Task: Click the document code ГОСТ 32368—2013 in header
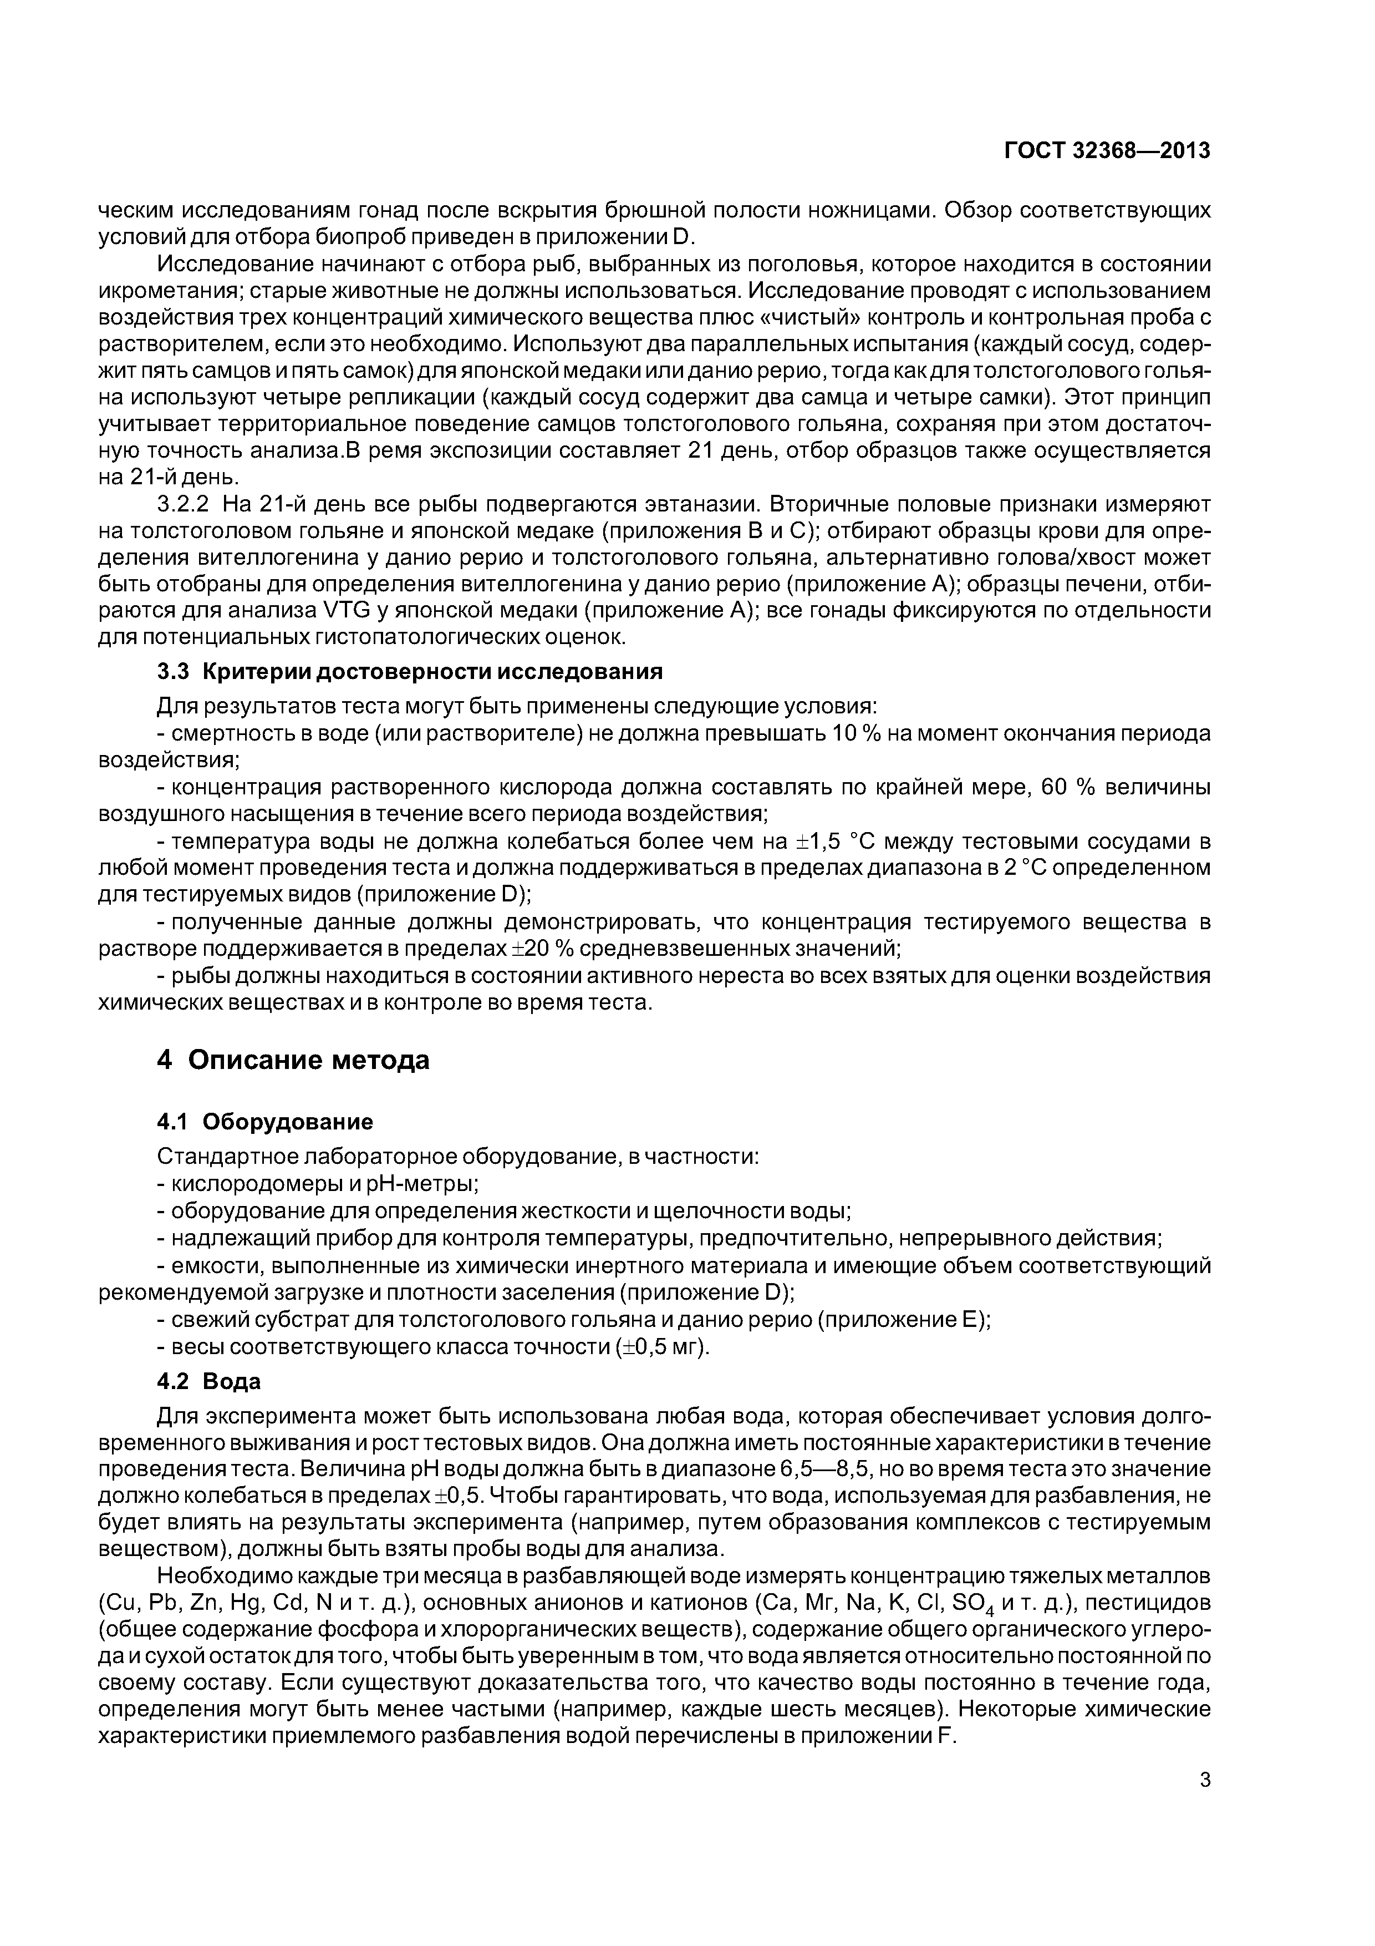(1107, 151)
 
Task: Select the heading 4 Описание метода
(293, 1060)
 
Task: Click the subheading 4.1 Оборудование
(265, 1122)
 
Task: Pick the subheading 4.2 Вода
(208, 1382)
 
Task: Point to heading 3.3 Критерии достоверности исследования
(409, 672)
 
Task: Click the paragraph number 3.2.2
(182, 505)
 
